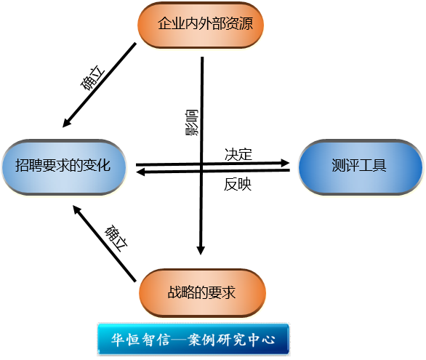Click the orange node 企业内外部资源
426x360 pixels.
click(x=201, y=25)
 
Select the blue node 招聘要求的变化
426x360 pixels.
click(x=63, y=167)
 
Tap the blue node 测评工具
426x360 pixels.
click(x=361, y=167)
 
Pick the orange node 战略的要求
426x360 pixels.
click(x=202, y=293)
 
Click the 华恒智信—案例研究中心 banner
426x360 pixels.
click(x=193, y=339)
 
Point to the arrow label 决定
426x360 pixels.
click(x=238, y=155)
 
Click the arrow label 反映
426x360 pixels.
click(x=238, y=184)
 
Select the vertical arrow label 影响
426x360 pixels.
click(x=192, y=122)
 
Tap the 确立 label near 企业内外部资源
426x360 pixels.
click(x=92, y=78)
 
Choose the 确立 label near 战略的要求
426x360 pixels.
click(x=116, y=238)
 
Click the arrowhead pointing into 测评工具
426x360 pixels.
click(x=285, y=163)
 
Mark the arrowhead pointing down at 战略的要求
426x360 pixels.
click(x=201, y=250)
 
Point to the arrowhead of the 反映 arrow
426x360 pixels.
click(x=140, y=172)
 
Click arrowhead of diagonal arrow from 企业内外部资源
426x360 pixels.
click(x=67, y=123)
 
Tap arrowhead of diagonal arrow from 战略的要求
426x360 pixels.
click(x=77, y=209)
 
